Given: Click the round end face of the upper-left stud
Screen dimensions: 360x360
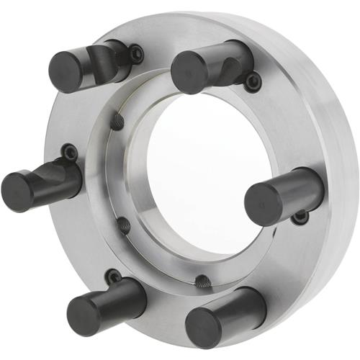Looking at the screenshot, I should pyautogui.click(x=63, y=73).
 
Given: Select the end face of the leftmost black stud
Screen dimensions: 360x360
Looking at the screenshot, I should pyautogui.click(x=17, y=192).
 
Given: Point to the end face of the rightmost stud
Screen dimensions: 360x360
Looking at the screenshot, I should pyautogui.click(x=261, y=204).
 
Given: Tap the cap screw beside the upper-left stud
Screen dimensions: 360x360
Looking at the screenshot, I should pyautogui.click(x=135, y=52).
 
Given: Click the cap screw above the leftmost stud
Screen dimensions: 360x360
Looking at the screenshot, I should pyautogui.click(x=70, y=152).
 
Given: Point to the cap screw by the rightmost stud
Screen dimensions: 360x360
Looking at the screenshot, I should pyautogui.click(x=301, y=215).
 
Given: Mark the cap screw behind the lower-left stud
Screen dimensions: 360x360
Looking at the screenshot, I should pyautogui.click(x=113, y=276).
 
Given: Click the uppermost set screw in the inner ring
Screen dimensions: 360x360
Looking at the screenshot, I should pyautogui.click(x=117, y=123).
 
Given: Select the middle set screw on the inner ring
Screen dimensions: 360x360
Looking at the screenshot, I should pyautogui.click(x=124, y=225).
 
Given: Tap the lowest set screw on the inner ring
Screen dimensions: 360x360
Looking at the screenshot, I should pyautogui.click(x=204, y=279).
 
